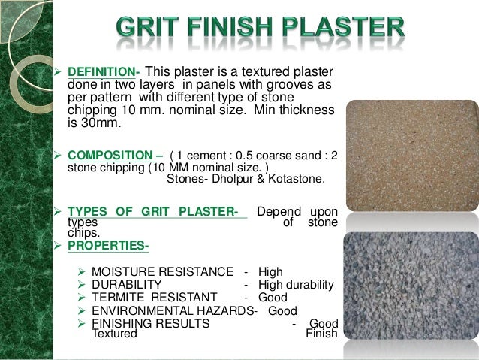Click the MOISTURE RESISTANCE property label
[162, 271]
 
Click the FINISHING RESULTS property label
[150, 323]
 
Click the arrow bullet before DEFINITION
[60, 72]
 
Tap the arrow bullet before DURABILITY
[83, 284]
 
